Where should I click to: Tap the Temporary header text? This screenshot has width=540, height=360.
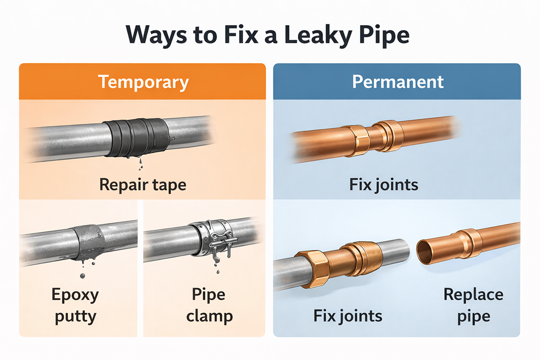click(x=143, y=82)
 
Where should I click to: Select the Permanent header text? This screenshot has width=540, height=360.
click(x=398, y=82)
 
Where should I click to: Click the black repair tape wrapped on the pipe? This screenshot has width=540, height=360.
click(x=137, y=138)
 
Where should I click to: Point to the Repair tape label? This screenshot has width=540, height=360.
click(x=143, y=185)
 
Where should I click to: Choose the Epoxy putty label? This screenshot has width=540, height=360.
click(x=75, y=305)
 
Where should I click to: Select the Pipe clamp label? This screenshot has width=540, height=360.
click(x=209, y=305)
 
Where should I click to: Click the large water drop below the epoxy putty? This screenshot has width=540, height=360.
click(x=82, y=276)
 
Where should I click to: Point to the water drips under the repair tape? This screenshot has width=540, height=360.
click(x=141, y=164)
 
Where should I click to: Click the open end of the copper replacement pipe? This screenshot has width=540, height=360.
click(x=426, y=251)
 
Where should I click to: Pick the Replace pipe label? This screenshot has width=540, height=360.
click(x=474, y=305)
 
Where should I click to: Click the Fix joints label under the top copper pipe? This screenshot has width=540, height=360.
click(x=384, y=184)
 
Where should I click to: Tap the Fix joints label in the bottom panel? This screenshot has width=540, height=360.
click(x=348, y=316)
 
